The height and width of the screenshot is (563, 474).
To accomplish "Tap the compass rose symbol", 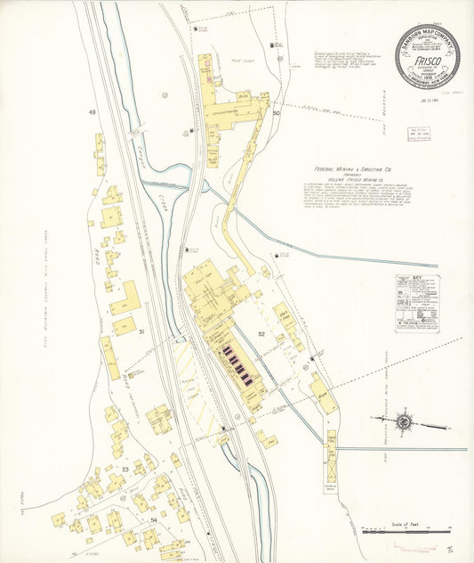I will click(405, 421).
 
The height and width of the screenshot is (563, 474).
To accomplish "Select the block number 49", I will click(91, 113).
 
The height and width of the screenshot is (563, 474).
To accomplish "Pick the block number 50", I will click(277, 114).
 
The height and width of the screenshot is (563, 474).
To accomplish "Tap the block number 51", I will click(141, 331).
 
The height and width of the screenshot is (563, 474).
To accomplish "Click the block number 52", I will click(261, 333).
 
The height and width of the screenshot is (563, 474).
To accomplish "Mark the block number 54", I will click(154, 518).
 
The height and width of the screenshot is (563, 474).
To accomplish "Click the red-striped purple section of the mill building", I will click(238, 366).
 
